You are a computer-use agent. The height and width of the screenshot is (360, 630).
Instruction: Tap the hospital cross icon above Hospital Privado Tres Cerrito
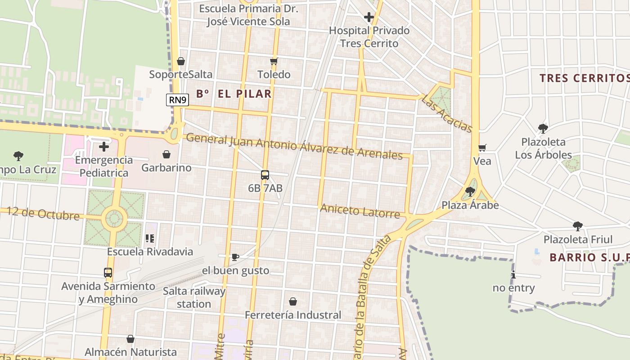[x=369, y=18]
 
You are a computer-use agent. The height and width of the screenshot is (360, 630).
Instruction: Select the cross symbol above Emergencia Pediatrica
[x=104, y=147]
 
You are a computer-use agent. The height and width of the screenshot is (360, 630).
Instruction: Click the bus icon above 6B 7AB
[x=265, y=175]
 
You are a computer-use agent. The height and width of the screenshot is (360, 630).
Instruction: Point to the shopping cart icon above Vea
[x=482, y=148]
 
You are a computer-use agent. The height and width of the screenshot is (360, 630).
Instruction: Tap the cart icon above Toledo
[x=274, y=61]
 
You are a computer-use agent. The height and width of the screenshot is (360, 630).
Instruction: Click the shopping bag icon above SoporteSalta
[x=181, y=61]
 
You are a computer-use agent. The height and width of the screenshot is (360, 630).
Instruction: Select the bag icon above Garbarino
[x=166, y=155]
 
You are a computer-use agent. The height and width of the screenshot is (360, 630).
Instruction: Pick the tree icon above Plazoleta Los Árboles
[x=543, y=129]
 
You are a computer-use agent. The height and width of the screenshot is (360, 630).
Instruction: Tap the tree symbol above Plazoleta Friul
[x=578, y=226]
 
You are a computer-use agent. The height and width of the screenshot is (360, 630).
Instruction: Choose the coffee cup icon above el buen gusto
[x=235, y=257]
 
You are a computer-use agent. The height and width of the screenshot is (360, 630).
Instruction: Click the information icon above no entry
[x=513, y=275]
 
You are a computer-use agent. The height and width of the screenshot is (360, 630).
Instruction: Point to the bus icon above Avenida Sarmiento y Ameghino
[x=108, y=273]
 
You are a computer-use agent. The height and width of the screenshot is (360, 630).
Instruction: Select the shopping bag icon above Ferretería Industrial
[x=293, y=301]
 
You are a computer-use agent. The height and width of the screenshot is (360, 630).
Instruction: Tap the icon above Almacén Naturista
[x=130, y=339]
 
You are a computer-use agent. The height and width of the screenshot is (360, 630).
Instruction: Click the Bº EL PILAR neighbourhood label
[x=234, y=94]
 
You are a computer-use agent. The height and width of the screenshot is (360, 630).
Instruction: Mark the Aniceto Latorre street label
[x=360, y=211]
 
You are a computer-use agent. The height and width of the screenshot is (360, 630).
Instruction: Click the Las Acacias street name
[x=446, y=114]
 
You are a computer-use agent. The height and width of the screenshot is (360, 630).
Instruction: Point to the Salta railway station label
[x=194, y=297]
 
